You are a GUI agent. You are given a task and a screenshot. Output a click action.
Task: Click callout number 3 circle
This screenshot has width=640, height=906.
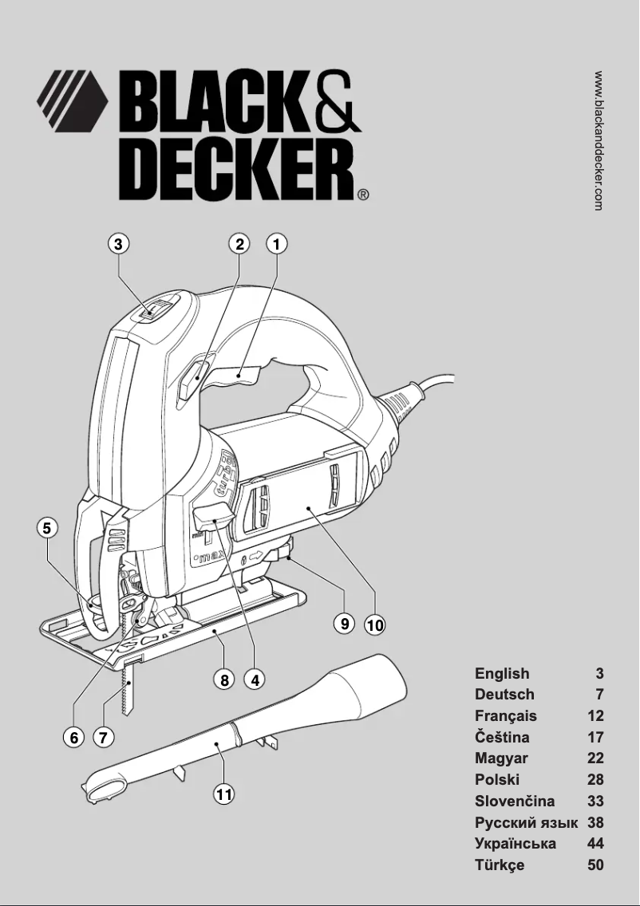tap(118, 244)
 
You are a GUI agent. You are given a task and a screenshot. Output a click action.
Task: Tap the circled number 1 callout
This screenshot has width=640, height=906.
tap(276, 244)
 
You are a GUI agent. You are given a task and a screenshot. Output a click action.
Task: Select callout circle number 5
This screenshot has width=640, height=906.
tap(48, 527)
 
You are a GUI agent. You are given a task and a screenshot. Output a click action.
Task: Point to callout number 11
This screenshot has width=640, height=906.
tap(226, 794)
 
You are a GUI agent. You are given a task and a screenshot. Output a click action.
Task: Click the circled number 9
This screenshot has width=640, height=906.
tap(344, 624)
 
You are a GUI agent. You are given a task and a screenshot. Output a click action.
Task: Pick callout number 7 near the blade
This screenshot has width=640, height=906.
tap(104, 737)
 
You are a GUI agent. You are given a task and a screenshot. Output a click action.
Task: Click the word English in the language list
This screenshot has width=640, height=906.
tap(502, 674)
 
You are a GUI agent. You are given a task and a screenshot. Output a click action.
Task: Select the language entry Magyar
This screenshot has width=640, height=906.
tap(501, 758)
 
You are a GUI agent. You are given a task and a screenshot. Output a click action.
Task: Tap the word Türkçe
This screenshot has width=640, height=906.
tap(500, 865)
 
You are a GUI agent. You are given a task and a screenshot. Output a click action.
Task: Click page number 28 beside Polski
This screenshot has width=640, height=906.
tap(595, 780)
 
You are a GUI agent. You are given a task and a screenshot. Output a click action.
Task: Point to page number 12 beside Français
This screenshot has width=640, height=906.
tap(595, 716)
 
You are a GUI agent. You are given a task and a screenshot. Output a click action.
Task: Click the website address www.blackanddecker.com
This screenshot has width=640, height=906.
tap(599, 140)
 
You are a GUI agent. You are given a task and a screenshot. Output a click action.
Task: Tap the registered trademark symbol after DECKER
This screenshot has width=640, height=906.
tap(363, 194)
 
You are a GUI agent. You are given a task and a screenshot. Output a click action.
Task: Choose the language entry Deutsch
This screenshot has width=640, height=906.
tap(504, 695)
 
